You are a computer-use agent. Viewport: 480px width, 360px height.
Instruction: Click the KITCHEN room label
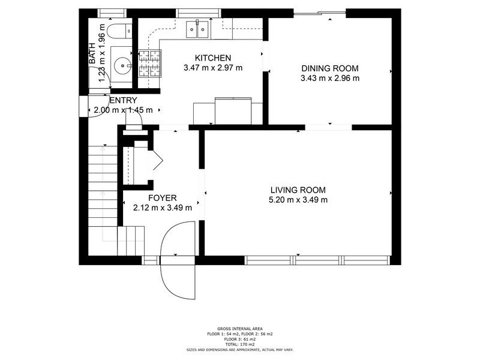(x=213, y=58)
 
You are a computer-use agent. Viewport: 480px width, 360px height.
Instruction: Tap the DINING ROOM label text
(x=329, y=68)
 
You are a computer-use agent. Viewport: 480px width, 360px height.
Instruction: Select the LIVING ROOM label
(x=298, y=190)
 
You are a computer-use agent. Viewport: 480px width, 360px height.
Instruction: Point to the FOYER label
(x=162, y=198)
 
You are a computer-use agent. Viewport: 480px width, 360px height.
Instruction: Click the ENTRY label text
(x=123, y=100)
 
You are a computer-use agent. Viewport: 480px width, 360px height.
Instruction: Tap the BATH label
(x=92, y=53)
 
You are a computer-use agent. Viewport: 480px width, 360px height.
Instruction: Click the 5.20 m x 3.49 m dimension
(x=298, y=200)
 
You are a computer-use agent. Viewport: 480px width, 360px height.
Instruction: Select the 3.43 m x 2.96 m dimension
(x=330, y=78)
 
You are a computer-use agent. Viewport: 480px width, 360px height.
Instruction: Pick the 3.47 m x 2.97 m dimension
(x=213, y=68)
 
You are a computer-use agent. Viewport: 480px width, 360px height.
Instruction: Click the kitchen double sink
(x=197, y=29)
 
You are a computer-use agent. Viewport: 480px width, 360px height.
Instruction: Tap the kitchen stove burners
(x=149, y=63)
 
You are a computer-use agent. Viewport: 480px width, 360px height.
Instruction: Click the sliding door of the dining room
(x=320, y=13)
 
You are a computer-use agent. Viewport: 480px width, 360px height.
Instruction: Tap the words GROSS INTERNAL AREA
(x=240, y=329)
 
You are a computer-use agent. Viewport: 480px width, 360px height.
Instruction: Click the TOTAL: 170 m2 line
(x=240, y=344)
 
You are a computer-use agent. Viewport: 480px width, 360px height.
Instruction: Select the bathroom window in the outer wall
(x=112, y=13)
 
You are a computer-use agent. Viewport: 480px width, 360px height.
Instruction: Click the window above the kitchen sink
(x=199, y=13)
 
